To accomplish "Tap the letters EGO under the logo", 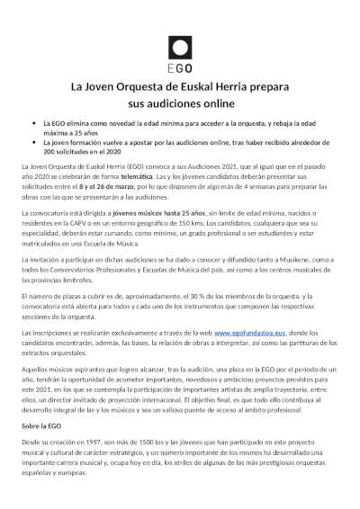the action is coord(179,67).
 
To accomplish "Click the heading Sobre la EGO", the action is coord(42,424).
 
